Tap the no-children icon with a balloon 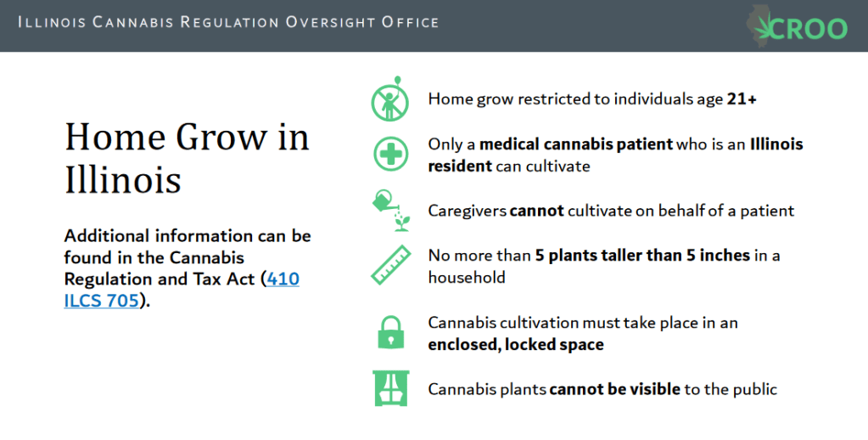click(x=390, y=99)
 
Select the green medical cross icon click(x=390, y=154)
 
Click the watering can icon click(x=391, y=211)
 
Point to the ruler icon click(x=391, y=265)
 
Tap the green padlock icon click(x=391, y=332)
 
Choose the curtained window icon click(x=391, y=388)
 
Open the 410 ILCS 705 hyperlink click(x=182, y=289)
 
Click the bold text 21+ click(x=742, y=99)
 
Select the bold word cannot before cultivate click(x=536, y=211)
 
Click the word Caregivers click(x=467, y=212)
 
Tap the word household click(x=467, y=277)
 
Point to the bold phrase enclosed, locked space click(x=516, y=345)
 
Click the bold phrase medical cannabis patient click(x=576, y=144)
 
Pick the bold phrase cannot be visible click(x=614, y=389)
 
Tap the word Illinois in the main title click(x=122, y=180)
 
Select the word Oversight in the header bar click(x=329, y=23)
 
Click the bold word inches click(x=725, y=256)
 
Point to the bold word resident click(x=460, y=166)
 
